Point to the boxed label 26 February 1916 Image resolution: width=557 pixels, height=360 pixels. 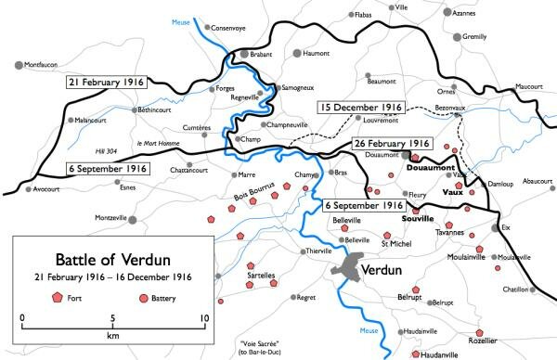point(392,144)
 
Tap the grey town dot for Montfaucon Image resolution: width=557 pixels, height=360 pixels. point(19,64)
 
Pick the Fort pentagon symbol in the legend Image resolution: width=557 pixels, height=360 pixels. point(58,297)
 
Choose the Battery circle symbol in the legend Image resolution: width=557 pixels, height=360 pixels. point(143,297)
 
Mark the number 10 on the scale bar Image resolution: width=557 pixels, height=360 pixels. point(203,318)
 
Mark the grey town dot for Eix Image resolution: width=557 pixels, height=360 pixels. point(493,225)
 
